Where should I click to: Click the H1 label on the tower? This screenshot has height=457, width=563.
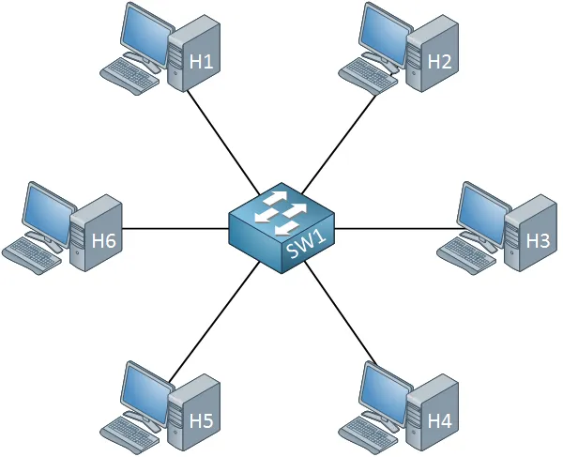pyautogui.click(x=201, y=61)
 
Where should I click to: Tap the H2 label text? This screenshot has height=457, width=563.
pyautogui.click(x=439, y=61)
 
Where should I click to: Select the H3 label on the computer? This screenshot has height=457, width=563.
pyautogui.click(x=538, y=240)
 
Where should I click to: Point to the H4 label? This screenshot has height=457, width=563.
pyautogui.click(x=439, y=420)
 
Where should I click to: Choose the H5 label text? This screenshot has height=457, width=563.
pyautogui.click(x=201, y=420)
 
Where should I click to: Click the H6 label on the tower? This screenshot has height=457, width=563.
pyautogui.click(x=104, y=240)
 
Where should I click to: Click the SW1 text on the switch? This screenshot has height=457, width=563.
pyautogui.click(x=307, y=245)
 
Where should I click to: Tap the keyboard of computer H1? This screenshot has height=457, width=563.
pyautogui.click(x=129, y=76)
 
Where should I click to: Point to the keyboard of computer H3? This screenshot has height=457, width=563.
pyautogui.click(x=466, y=255)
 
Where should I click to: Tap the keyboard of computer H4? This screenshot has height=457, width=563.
pyautogui.click(x=368, y=434)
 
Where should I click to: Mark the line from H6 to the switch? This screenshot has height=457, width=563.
pyautogui.click(x=175, y=228)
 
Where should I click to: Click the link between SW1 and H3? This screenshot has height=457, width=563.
pyautogui.click(x=397, y=228)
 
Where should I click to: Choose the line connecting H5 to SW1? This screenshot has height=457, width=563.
pyautogui.click(x=214, y=322)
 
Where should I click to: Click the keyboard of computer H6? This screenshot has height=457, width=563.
pyautogui.click(x=32, y=255)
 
